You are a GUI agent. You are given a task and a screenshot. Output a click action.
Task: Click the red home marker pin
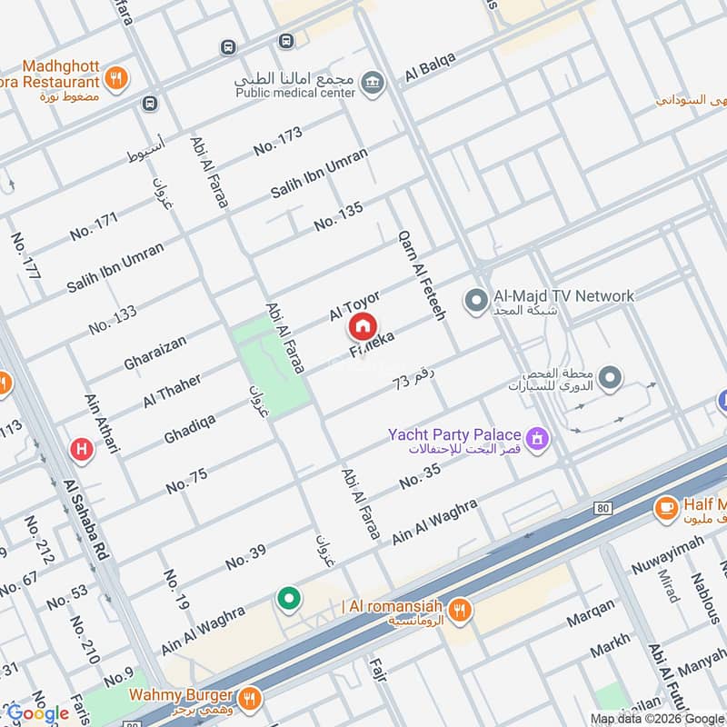coord(362,326)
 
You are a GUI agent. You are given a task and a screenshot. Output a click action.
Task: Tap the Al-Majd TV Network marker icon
coord(474,298)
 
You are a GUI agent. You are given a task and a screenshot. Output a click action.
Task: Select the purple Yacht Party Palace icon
coord(540,440)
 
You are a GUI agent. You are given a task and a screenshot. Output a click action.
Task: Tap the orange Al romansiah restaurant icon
coord(462,611)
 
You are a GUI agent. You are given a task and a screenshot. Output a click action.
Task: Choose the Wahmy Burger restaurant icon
coord(252,698)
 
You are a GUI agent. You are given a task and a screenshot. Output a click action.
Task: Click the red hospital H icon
coord(82,448)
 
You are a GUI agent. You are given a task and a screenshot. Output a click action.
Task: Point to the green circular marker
coord(289,599)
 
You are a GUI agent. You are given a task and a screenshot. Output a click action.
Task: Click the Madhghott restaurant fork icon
coord(115,78)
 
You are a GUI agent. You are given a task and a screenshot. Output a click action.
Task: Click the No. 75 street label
coord(186,481)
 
